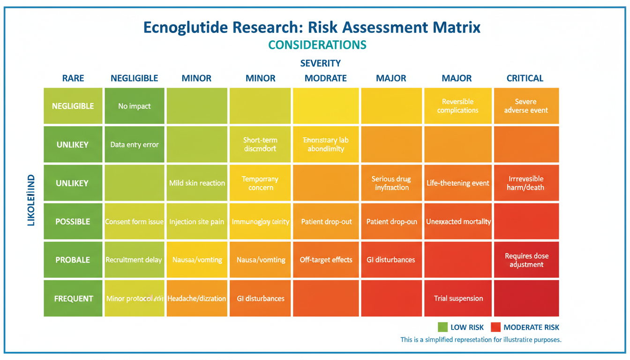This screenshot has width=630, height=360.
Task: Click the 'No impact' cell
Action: pos(135,106)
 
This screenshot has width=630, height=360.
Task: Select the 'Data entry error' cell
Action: pos(135,144)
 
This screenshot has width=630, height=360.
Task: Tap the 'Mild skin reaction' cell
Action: pos(197,183)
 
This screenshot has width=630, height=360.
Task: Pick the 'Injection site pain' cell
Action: pos(197,221)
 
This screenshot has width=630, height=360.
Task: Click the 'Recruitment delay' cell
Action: pos(134,260)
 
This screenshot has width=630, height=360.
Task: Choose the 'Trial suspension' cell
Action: pos(458,298)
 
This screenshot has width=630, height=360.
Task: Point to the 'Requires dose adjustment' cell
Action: pos(526,260)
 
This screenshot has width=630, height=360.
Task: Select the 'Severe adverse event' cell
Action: pos(526,106)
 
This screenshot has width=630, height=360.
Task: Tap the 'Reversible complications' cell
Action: pos(457,106)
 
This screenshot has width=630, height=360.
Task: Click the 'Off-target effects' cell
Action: pos(326,260)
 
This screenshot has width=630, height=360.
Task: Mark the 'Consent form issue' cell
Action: pos(134,221)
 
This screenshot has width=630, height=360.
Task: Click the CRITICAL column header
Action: pos(525,78)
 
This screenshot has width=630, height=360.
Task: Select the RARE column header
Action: pos(73,78)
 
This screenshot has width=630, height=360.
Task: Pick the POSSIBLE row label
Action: pos(73,221)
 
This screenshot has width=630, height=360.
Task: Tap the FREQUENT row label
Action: pos(73,298)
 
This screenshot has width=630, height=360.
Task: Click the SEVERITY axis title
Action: pos(320,63)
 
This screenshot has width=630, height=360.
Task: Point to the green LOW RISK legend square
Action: pos(442,327)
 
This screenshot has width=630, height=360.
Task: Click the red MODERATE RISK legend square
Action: pos(496,327)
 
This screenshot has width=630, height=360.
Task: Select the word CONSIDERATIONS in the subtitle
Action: pos(317,45)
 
